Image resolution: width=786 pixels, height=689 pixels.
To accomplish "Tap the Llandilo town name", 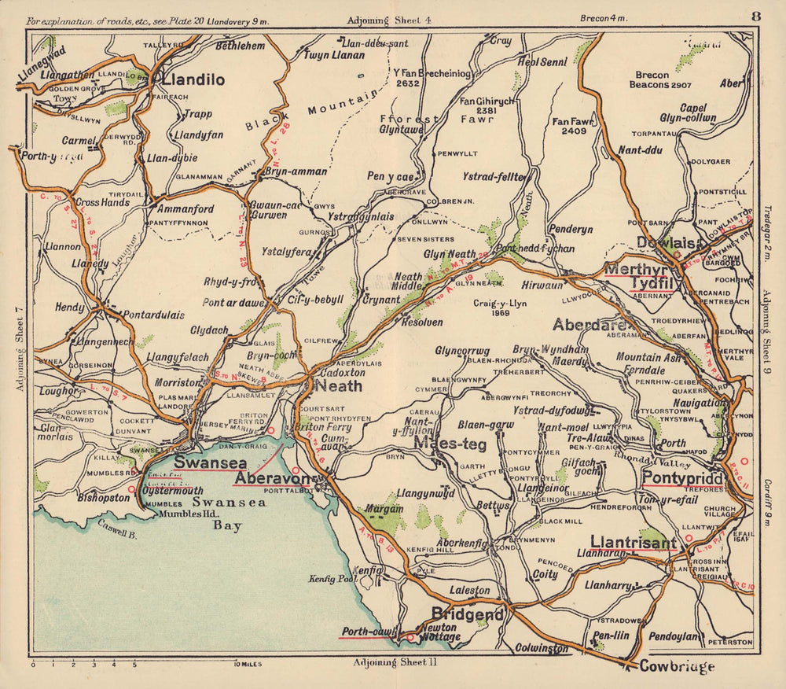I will (x=193, y=79).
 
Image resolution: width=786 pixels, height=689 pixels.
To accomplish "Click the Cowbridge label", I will (x=677, y=667).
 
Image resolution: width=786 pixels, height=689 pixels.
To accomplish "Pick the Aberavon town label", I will (x=270, y=478).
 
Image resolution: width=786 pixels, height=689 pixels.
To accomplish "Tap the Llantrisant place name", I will (x=633, y=542).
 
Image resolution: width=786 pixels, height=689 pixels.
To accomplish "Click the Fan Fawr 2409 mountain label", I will (x=570, y=127).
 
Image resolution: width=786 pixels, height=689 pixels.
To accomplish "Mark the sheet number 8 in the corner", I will (x=755, y=17).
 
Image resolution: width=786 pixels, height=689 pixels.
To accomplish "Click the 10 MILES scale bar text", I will (x=248, y=665).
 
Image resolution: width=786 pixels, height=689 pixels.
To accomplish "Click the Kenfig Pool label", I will (x=334, y=580).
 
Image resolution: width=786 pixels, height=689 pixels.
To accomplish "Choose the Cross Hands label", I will (x=103, y=202).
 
